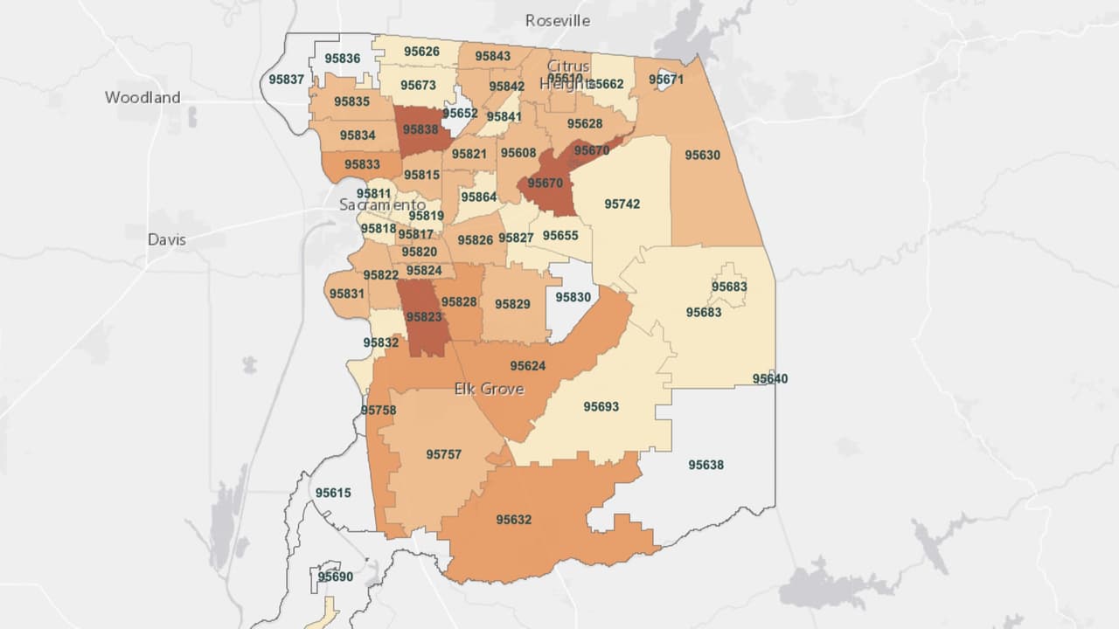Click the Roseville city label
click(x=558, y=20)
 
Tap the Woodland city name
click(x=142, y=97)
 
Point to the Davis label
click(x=167, y=239)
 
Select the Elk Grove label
click(x=489, y=389)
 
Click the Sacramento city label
click(x=382, y=204)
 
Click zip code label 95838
click(x=420, y=129)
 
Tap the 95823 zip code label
click(x=424, y=317)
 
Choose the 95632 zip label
click(x=513, y=520)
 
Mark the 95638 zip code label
click(x=705, y=465)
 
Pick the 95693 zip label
click(x=601, y=406)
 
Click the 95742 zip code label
click(x=622, y=204)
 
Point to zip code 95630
click(x=702, y=155)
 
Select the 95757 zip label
click(x=443, y=454)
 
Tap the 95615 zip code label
click(x=333, y=493)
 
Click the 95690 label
click(x=336, y=577)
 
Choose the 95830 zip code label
click(x=573, y=297)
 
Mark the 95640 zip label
click(x=770, y=378)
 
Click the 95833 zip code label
click(x=362, y=163)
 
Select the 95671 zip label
click(x=666, y=79)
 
